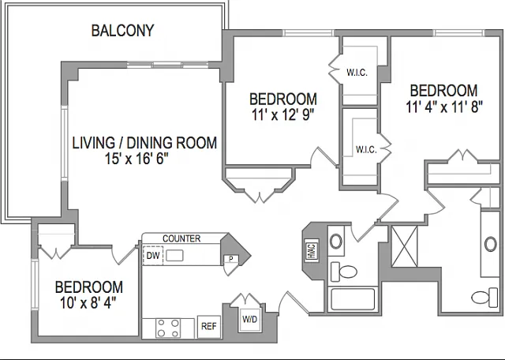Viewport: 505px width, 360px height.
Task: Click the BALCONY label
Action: (123, 31)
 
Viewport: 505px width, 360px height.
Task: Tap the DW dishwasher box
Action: (153, 256)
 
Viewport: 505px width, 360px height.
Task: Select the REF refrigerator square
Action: (208, 327)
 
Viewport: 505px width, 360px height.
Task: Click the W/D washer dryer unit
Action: (250, 320)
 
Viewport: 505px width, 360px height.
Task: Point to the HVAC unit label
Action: (312, 249)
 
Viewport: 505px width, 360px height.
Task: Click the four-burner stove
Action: (167, 328)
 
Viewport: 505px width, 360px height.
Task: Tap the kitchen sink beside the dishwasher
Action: (174, 256)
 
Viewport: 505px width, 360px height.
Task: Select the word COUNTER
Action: (181, 238)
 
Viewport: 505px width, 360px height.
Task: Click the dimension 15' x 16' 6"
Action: (137, 159)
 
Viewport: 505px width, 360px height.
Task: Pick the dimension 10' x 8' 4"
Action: (88, 303)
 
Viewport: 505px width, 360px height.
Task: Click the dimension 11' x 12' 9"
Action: (282, 114)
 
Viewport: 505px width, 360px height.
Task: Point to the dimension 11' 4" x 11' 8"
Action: (444, 107)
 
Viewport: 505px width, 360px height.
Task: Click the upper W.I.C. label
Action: (357, 73)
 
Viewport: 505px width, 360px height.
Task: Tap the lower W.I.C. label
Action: (366, 149)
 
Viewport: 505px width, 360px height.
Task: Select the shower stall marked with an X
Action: (405, 246)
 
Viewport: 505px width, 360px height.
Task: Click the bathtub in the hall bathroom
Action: (353, 299)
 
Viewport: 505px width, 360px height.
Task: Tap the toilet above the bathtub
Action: (344, 272)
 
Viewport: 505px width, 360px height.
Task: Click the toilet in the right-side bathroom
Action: (484, 298)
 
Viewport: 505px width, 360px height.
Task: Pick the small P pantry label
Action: (231, 259)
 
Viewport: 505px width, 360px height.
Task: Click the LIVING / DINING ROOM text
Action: (144, 143)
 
